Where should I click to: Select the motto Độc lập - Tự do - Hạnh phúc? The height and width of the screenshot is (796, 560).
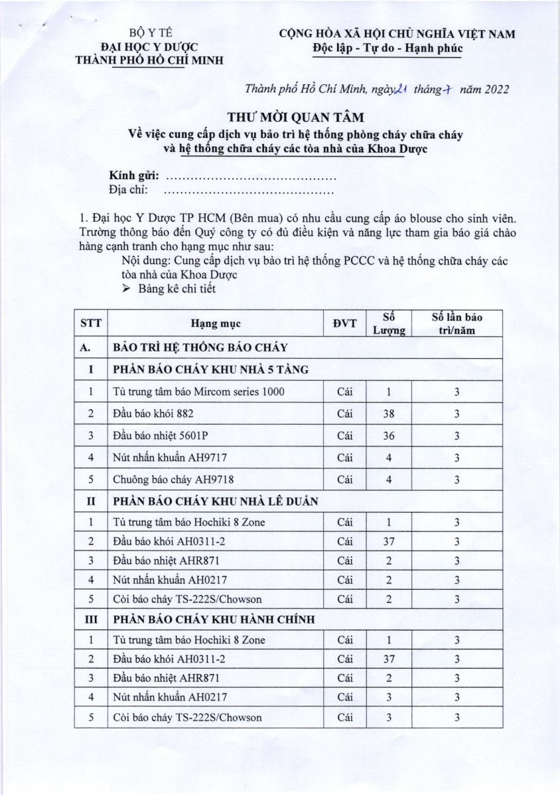[x=387, y=48]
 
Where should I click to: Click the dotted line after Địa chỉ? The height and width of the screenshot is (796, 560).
[x=248, y=192]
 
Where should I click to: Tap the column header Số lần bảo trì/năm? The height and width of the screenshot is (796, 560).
[x=456, y=324]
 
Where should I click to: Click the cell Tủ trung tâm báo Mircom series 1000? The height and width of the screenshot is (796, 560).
[x=199, y=391]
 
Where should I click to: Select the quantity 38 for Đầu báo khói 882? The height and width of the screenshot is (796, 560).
[x=389, y=414]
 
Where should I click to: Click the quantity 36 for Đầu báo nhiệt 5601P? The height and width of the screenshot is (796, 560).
[x=389, y=436]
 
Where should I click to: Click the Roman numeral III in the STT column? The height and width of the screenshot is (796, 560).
[x=91, y=619]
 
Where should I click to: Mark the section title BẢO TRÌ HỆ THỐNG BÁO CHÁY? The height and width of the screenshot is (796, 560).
[x=200, y=347]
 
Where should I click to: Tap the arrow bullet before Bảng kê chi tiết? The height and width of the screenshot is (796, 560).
[x=129, y=289]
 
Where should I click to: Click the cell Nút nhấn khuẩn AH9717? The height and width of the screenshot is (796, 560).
[x=169, y=458]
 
